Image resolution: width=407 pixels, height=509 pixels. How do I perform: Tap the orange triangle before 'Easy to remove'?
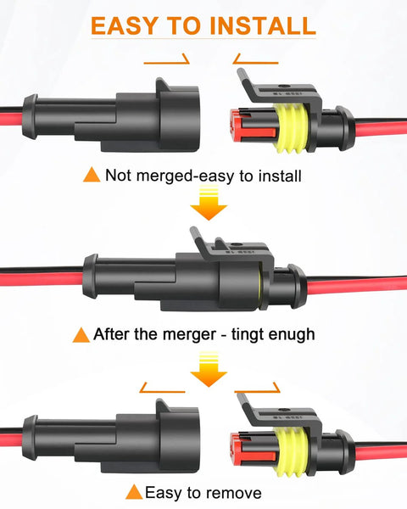[133, 492]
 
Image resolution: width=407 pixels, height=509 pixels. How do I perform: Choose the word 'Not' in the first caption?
[119, 176]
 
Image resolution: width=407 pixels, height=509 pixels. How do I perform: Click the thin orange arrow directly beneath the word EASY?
[166, 62]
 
